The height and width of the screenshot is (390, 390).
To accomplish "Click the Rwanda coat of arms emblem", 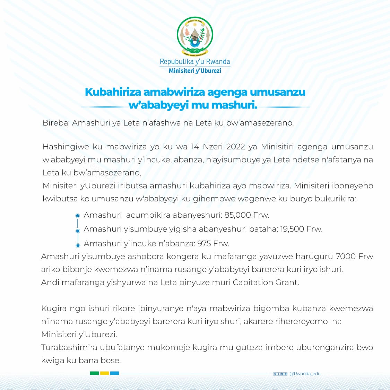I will pyautogui.click(x=195, y=36).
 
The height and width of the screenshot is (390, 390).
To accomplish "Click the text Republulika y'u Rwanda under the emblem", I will pyautogui.click(x=195, y=62).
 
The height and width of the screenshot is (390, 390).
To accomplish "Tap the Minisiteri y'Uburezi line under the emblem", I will pyautogui.click(x=195, y=71).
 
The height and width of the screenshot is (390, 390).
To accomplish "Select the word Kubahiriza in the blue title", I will pyautogui.click(x=113, y=92).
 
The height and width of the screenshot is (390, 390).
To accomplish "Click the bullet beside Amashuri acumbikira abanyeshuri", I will pyautogui.click(x=78, y=216).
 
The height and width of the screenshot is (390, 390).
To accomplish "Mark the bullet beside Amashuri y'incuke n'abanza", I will pyautogui.click(x=78, y=245).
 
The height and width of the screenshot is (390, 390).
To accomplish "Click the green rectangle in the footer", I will pyautogui.click(x=94, y=373).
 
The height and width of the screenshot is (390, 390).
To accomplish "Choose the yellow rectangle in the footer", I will pyautogui.click(x=104, y=373).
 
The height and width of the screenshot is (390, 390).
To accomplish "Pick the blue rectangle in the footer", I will pyautogui.click(x=114, y=373).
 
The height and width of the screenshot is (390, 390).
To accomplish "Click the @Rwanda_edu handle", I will pyautogui.click(x=305, y=374).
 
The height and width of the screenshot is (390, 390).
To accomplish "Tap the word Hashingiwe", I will pyautogui.click(x=66, y=147).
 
